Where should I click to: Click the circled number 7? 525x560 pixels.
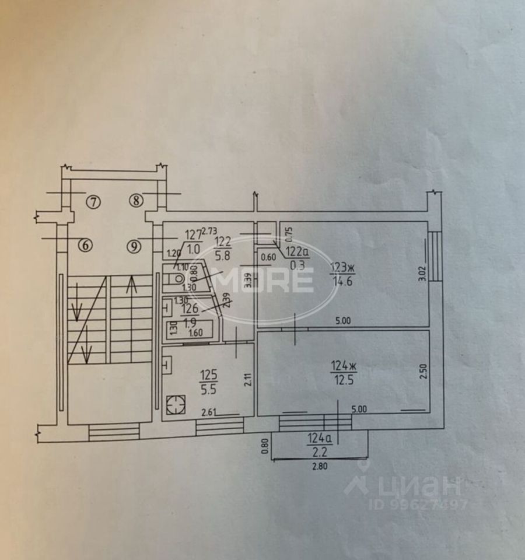point(93,202)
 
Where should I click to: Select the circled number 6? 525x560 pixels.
point(85,246)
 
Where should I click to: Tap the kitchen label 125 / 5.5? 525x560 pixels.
point(205,379)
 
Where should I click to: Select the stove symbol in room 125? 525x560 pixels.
point(174,404)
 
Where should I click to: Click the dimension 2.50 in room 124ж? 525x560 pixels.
point(423,372)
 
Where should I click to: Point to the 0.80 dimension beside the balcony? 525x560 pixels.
point(265,446)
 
